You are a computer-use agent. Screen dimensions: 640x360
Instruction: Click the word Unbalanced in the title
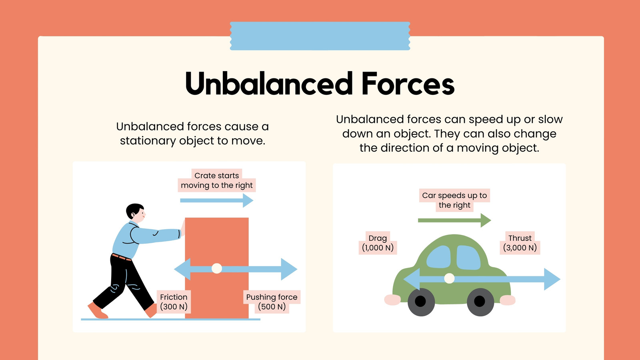pos(269,84)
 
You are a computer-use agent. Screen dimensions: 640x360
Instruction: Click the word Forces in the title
pos(408,84)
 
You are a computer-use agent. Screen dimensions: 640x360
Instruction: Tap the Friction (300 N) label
pos(174,302)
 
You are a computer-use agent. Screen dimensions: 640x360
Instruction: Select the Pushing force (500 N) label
pos(272,302)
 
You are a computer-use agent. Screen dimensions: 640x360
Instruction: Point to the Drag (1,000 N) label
pos(378,243)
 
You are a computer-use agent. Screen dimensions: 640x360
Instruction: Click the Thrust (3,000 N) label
pos(520,243)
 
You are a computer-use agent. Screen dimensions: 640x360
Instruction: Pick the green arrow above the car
pos(454,220)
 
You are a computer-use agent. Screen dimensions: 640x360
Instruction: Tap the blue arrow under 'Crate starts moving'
pos(216,200)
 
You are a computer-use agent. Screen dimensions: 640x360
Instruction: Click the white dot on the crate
pos(217,268)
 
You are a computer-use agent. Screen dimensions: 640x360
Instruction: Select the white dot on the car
pos(450,278)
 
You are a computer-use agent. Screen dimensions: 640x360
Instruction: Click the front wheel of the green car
pos(480,302)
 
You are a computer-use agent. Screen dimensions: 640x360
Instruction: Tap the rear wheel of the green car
pos(421,302)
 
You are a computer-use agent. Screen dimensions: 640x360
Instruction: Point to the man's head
pos(136,213)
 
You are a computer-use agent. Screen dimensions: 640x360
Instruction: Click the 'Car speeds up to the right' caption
pos(454,200)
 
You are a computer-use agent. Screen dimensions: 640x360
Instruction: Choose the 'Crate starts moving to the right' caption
pos(216,180)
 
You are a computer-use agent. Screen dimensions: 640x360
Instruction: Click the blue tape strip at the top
pos(320,36)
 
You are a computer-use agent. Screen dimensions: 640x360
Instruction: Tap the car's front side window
pos(468,258)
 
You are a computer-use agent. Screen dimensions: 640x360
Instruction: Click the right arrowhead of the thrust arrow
pos(552,279)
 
